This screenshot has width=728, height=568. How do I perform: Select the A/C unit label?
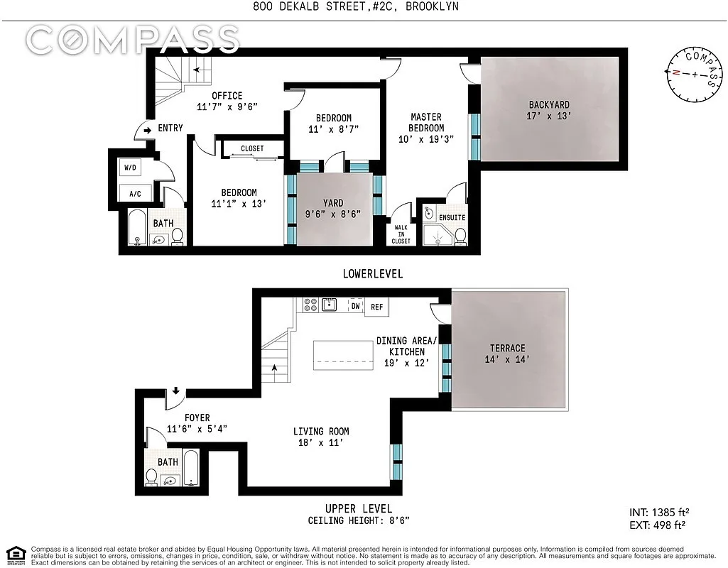point(135,193)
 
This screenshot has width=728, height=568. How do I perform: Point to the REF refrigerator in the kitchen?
point(376,307)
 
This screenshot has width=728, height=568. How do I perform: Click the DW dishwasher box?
point(355,305)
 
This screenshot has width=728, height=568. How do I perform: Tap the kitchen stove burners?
point(310,305)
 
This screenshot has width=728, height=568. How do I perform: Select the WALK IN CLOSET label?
point(401,234)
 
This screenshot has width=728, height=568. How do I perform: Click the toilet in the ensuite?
point(460,235)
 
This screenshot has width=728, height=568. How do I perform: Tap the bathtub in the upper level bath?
point(192,469)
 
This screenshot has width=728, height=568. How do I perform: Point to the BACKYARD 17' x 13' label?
point(548,110)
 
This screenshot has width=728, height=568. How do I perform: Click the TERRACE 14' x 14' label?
point(507,354)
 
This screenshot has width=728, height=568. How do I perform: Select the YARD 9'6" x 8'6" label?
point(333,208)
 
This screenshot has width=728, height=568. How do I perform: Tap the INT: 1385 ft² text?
point(659,512)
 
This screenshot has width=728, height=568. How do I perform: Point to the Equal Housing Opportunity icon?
point(16,555)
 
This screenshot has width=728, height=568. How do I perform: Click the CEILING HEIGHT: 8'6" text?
point(359,520)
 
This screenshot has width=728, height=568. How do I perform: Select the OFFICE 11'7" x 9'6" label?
point(227,101)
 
